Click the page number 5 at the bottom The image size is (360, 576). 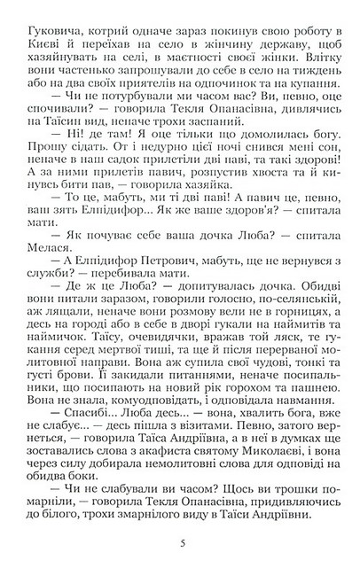[180, 542]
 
